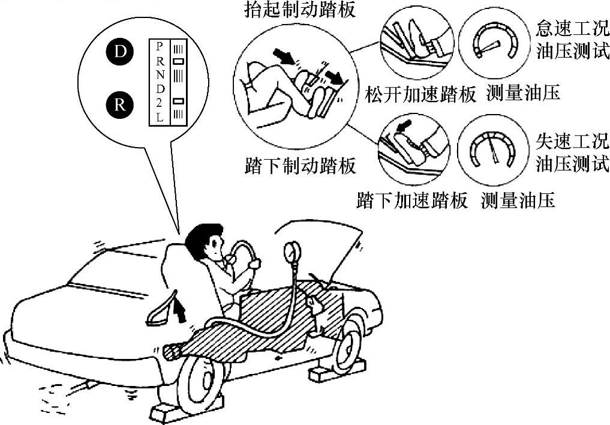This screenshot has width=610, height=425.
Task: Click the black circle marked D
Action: click(x=120, y=52)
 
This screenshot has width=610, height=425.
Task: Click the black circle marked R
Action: click(x=120, y=105)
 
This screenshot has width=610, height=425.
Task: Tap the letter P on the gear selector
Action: click(x=159, y=46)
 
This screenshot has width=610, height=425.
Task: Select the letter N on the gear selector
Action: click(x=160, y=74)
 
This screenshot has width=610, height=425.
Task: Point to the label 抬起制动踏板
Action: click(x=300, y=9)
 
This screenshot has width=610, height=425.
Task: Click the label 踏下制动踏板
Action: click(x=300, y=165)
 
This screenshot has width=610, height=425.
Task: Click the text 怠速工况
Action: click(x=572, y=28)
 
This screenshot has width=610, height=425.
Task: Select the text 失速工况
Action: click(x=572, y=142)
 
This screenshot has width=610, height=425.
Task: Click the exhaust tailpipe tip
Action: click(x=89, y=386)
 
